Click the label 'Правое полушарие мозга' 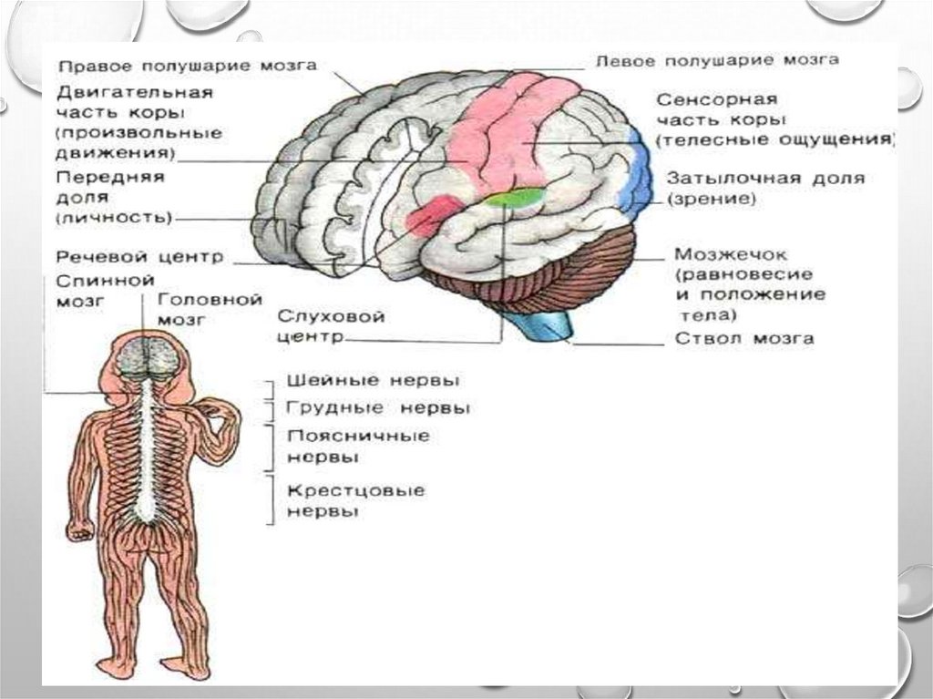tap(188, 67)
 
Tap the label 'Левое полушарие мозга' tap(716, 60)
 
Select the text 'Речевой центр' tap(138, 258)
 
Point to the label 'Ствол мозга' tap(744, 339)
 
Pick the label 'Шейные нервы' tap(373, 380)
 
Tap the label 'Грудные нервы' tap(378, 407)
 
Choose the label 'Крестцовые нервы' tap(355, 501)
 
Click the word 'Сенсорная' tap(716, 98)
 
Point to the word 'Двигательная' tap(134, 93)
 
